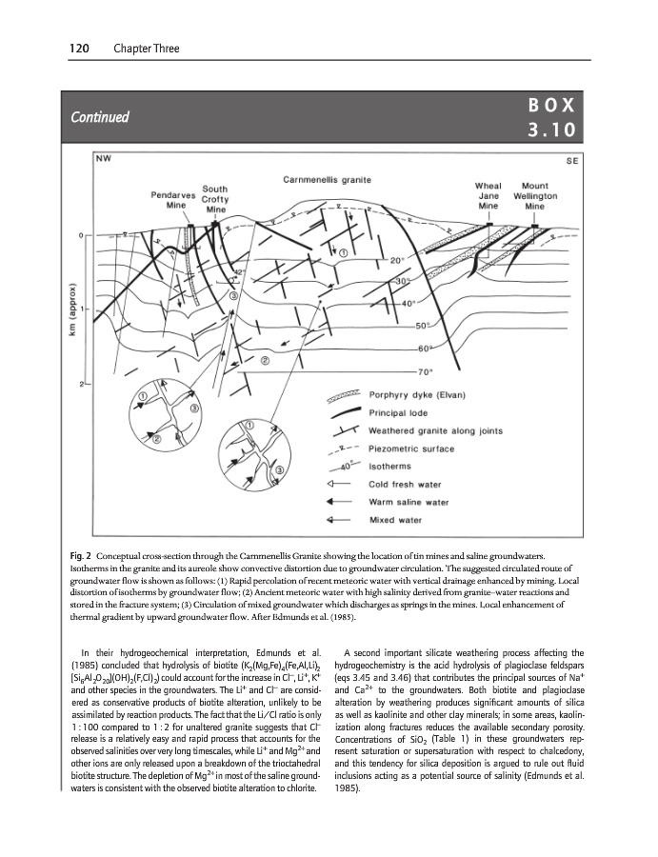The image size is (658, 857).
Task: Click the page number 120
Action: coord(80,48)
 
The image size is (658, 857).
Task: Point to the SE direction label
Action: coord(572,162)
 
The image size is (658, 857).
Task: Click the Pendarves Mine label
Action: coord(175,199)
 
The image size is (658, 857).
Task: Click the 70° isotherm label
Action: coord(426,371)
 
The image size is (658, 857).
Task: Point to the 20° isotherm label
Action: coord(398,260)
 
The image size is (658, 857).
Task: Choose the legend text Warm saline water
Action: coord(409,502)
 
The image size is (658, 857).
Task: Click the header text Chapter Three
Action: coord(145,48)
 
